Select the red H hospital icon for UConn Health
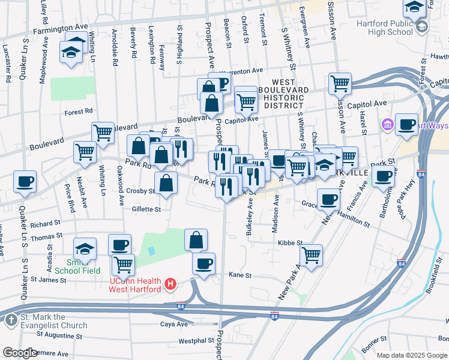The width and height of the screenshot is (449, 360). [x=171, y=284]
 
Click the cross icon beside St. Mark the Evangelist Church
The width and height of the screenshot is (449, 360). [x=11, y=320]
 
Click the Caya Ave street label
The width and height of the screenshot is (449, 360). [x=174, y=324]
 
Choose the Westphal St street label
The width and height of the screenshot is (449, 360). [x=196, y=341]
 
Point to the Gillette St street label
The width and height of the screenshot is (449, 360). [x=147, y=209]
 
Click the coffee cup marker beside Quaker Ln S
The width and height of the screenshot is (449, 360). [x=25, y=181]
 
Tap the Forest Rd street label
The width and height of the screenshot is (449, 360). [x=79, y=111]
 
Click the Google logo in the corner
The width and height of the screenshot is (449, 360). [x=20, y=353]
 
